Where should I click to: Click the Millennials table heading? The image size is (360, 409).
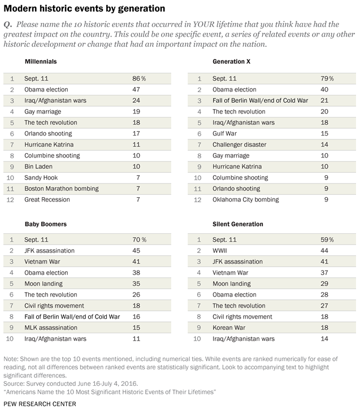[x=41, y=62]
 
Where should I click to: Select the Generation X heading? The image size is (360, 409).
[x=231, y=62]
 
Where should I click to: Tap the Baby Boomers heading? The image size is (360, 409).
[x=46, y=224]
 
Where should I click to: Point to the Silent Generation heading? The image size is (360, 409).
[x=238, y=224]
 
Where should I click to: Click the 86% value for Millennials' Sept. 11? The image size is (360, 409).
[x=139, y=79]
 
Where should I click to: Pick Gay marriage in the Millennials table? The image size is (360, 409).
[x=43, y=112]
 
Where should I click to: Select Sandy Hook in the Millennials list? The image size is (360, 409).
[x=41, y=177]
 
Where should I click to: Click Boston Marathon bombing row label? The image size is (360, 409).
[x=62, y=189]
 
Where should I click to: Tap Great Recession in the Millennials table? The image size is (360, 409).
[x=47, y=199]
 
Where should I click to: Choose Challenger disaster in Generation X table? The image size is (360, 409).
[x=239, y=145]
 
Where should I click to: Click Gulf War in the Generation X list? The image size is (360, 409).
[x=224, y=133]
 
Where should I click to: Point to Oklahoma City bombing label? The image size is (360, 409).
[x=245, y=199]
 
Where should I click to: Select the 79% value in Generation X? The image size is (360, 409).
[x=327, y=79]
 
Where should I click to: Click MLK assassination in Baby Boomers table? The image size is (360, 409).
[x=51, y=328]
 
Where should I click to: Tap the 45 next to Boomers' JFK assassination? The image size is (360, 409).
[x=136, y=251]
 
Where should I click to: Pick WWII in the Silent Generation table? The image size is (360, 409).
[x=220, y=251]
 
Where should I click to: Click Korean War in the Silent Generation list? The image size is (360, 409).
[x=229, y=328]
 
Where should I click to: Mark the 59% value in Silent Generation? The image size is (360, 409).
[x=327, y=240]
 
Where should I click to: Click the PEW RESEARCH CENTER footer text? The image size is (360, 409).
[x=40, y=404]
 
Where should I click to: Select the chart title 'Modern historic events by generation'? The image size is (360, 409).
[x=84, y=8]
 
